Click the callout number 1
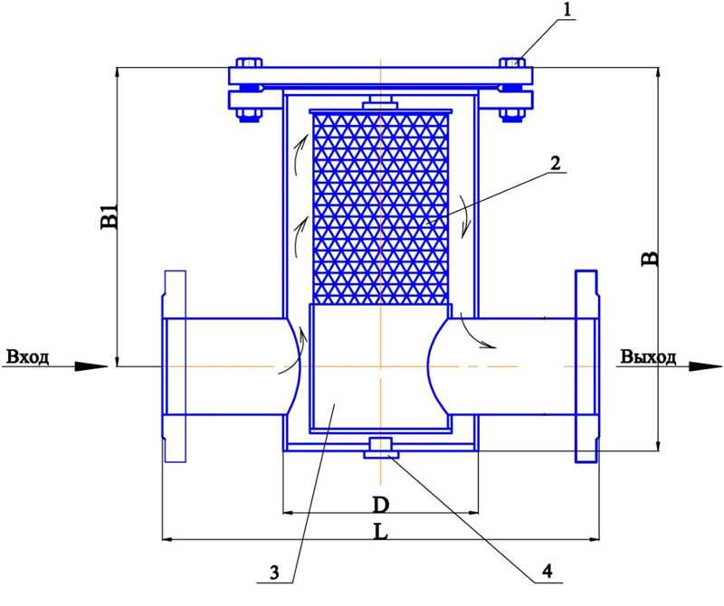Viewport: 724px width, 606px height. point(568,10)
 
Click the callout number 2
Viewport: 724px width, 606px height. point(555,163)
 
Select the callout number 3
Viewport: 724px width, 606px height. point(275,573)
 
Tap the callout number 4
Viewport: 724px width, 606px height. point(548,572)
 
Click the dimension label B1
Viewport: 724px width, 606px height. point(110,215)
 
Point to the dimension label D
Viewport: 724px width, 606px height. point(380,506)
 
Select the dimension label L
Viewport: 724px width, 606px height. point(380,532)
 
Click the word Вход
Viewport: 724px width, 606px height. point(28,356)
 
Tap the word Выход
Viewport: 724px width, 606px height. point(648,356)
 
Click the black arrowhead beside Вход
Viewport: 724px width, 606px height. point(91,366)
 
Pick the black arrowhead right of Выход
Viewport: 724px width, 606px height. point(706,366)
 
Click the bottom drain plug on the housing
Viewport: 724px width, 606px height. point(380,448)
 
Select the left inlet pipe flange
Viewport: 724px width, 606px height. point(175,366)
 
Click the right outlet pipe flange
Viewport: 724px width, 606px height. point(586,366)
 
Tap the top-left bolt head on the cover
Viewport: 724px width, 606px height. point(249,62)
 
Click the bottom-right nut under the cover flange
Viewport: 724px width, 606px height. point(512,114)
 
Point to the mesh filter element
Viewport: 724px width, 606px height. point(380,207)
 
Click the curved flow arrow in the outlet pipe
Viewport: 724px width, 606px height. point(478,334)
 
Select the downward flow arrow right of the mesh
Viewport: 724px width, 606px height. point(465,216)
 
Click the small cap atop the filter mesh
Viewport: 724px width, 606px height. point(380,102)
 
